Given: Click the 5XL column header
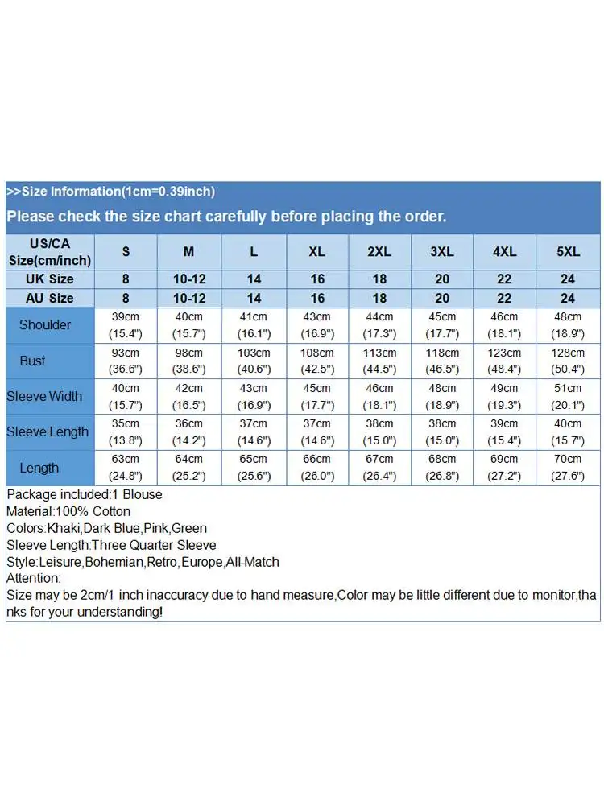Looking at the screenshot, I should [x=568, y=252].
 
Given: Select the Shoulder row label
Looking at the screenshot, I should [x=45, y=325].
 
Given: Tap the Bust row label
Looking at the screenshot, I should [x=32, y=361].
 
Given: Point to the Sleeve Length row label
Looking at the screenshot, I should [x=48, y=431].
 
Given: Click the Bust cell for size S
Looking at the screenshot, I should [x=126, y=361].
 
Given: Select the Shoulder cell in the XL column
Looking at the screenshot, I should [x=317, y=325].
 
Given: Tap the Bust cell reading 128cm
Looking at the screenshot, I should [x=568, y=361].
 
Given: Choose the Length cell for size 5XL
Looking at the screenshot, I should [x=568, y=467].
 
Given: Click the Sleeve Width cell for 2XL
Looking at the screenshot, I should [x=379, y=396].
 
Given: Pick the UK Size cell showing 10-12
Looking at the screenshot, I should [x=188, y=279].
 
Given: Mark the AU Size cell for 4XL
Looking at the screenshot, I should [x=505, y=298].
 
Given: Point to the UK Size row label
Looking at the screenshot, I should [x=50, y=279].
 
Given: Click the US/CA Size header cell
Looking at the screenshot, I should [x=50, y=252].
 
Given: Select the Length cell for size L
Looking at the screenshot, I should [x=254, y=467].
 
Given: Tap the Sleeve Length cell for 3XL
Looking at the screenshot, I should [x=442, y=431].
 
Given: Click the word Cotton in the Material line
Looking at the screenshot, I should [x=111, y=511].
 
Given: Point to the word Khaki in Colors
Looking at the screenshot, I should [x=63, y=528].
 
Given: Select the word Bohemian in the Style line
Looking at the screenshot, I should [x=113, y=562].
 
